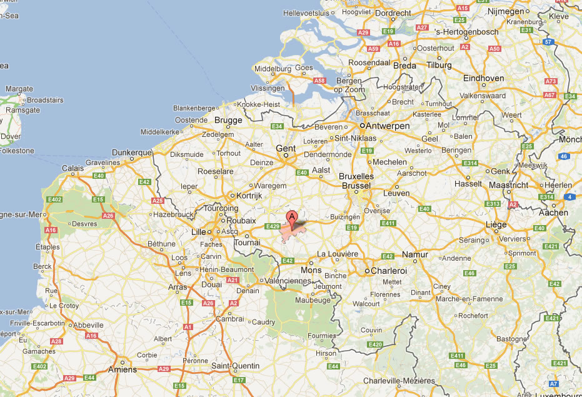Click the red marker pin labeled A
pos(291,218)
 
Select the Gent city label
pos(286,148)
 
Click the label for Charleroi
pos(389,271)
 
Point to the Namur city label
pos(416,254)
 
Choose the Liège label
pos(496,224)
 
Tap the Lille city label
pos(198,231)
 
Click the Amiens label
pos(123,369)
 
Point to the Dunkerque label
pos(132,152)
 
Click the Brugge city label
pos(228,120)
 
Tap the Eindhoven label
pos(484,78)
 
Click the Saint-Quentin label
pos(233,366)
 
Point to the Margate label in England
pos(19,89)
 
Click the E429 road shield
pos(273,226)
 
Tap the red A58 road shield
pos(320,81)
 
